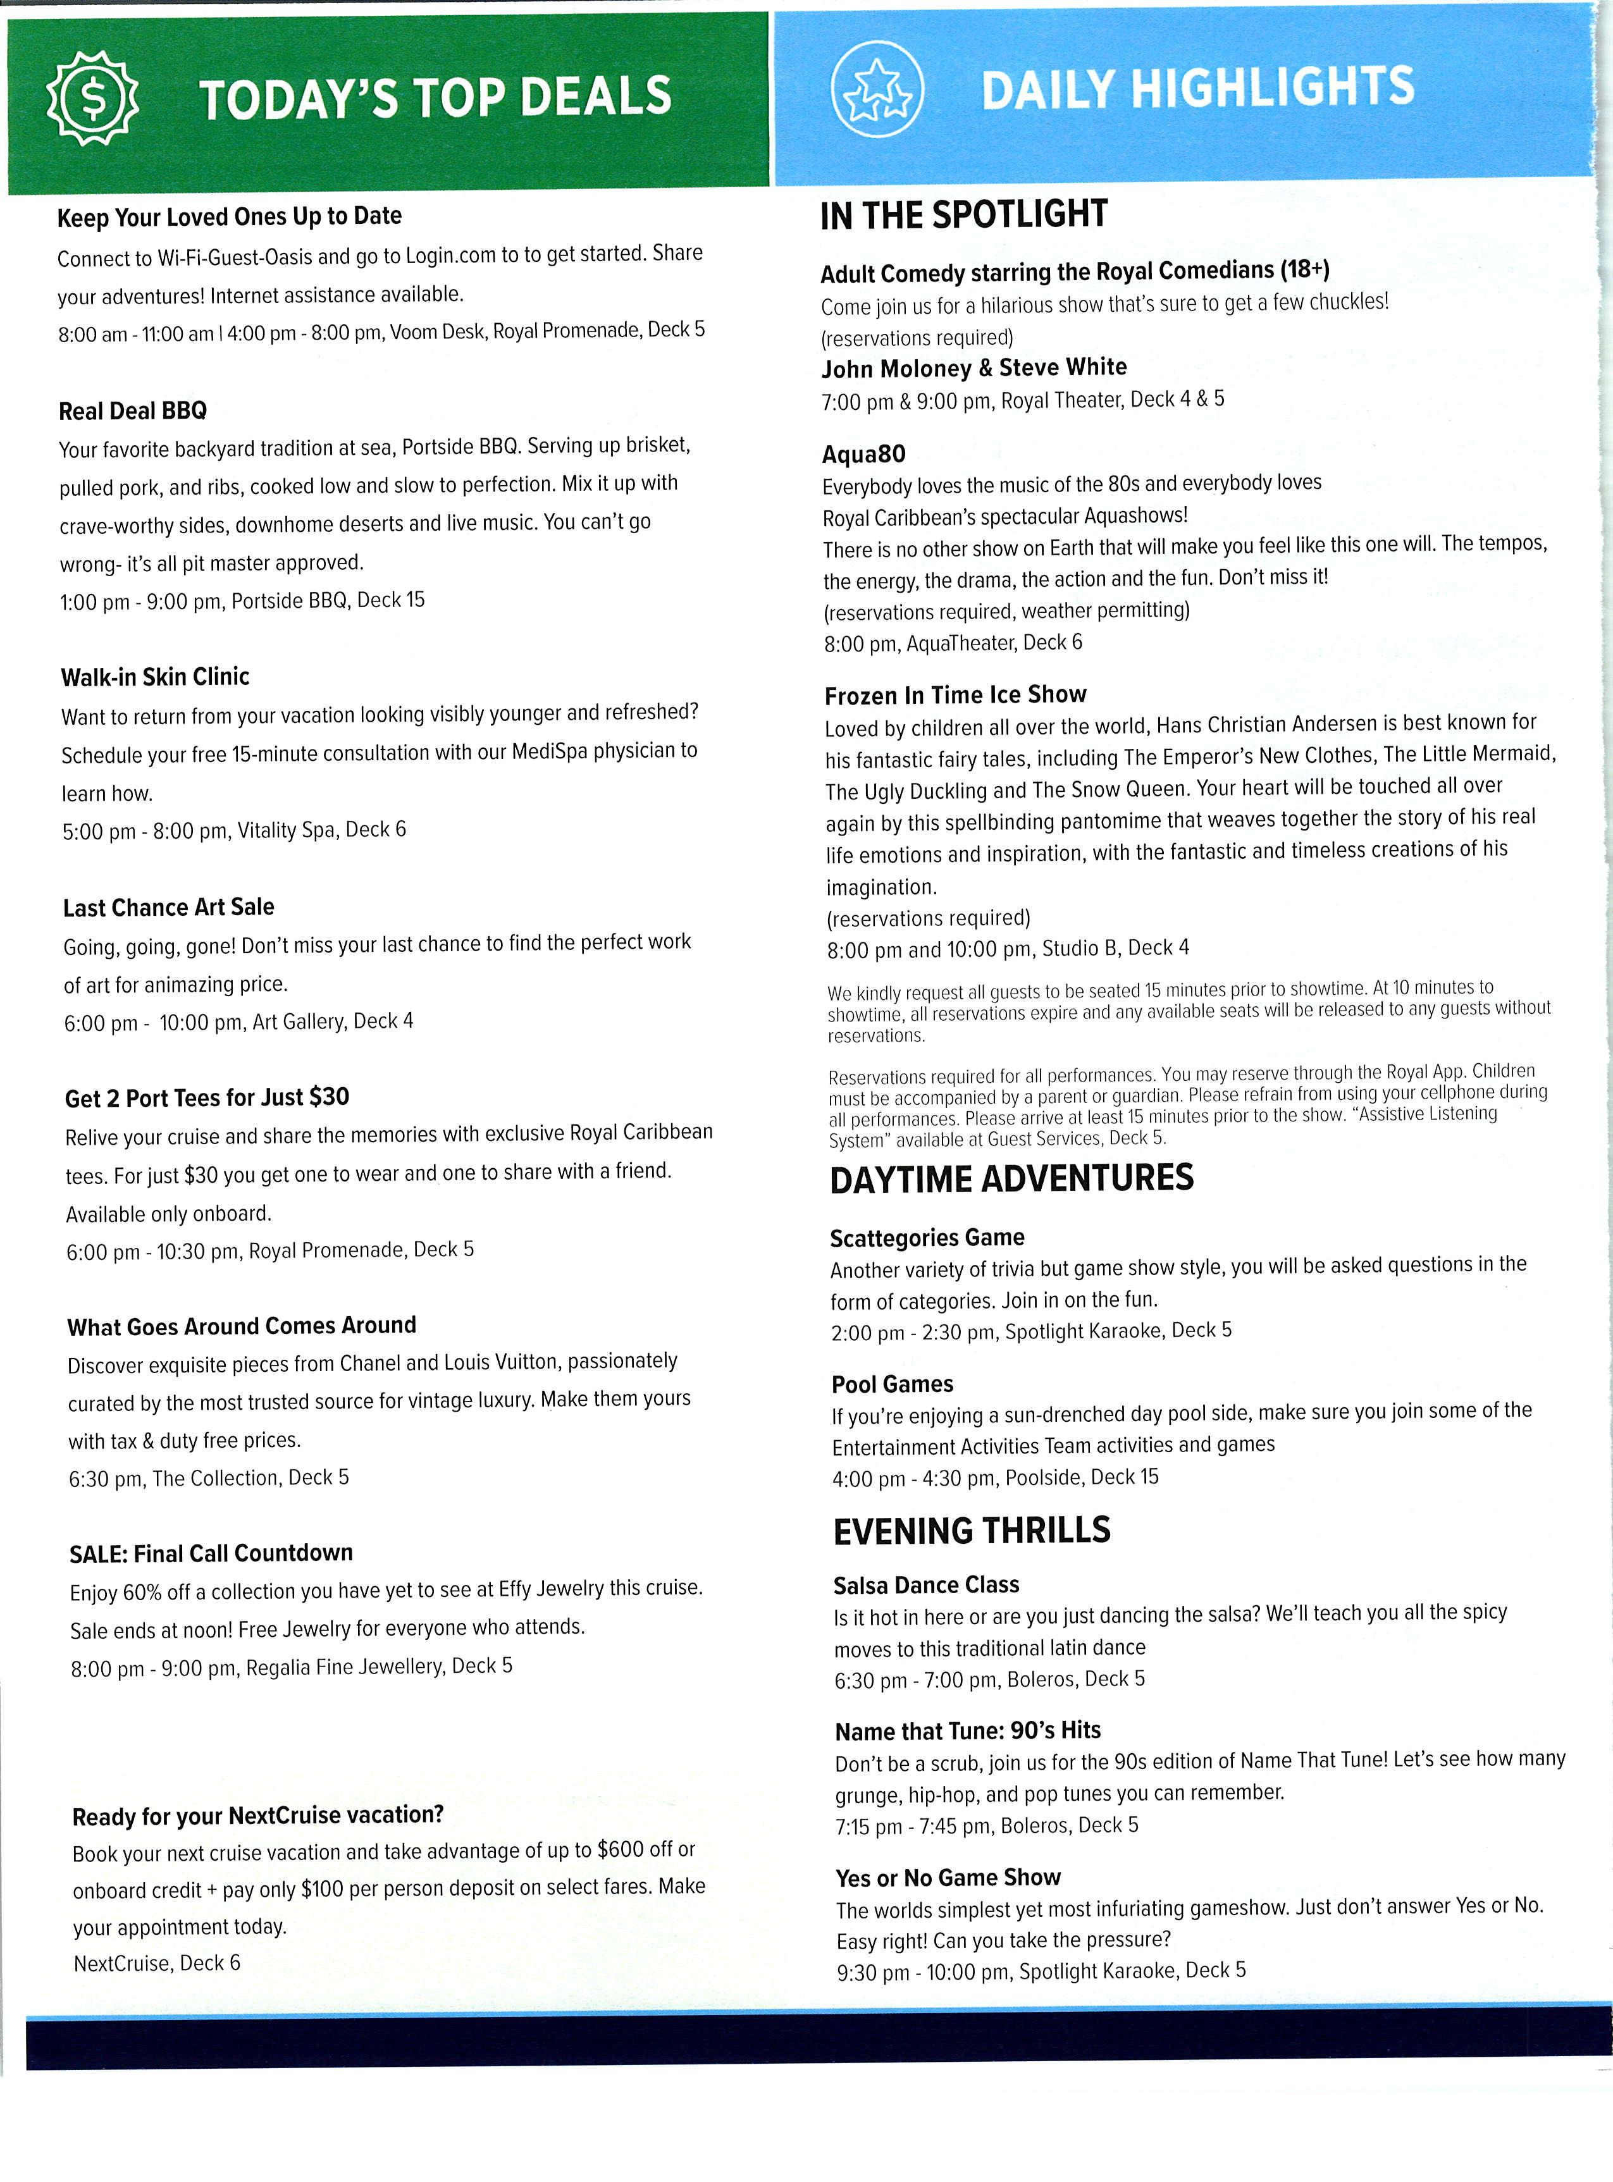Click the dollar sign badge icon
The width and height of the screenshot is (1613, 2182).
pos(93,97)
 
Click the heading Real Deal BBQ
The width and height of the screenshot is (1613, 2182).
pos(133,411)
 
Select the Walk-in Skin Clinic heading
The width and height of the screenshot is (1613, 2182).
pos(155,677)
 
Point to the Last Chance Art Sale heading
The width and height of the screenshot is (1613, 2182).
pos(169,907)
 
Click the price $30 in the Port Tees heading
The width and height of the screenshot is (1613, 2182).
pos(329,1096)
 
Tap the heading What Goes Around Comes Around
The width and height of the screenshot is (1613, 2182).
pos(242,1326)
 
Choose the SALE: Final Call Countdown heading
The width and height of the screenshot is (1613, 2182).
pos(211,1553)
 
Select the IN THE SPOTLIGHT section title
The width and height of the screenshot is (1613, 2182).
pos(964,215)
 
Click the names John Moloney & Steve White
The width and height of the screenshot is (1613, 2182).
pos(973,368)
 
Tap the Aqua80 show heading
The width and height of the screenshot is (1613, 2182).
pos(864,454)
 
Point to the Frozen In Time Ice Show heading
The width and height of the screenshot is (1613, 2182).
pos(955,695)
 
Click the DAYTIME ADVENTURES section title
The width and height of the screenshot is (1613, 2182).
pos(1011,1180)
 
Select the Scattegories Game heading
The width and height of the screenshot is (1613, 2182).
pos(927,1238)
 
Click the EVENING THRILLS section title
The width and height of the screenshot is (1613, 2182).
pos(972,1531)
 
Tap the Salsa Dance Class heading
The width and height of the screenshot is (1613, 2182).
pos(925,1584)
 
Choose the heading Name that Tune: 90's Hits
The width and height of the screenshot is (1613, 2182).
pos(968,1731)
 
